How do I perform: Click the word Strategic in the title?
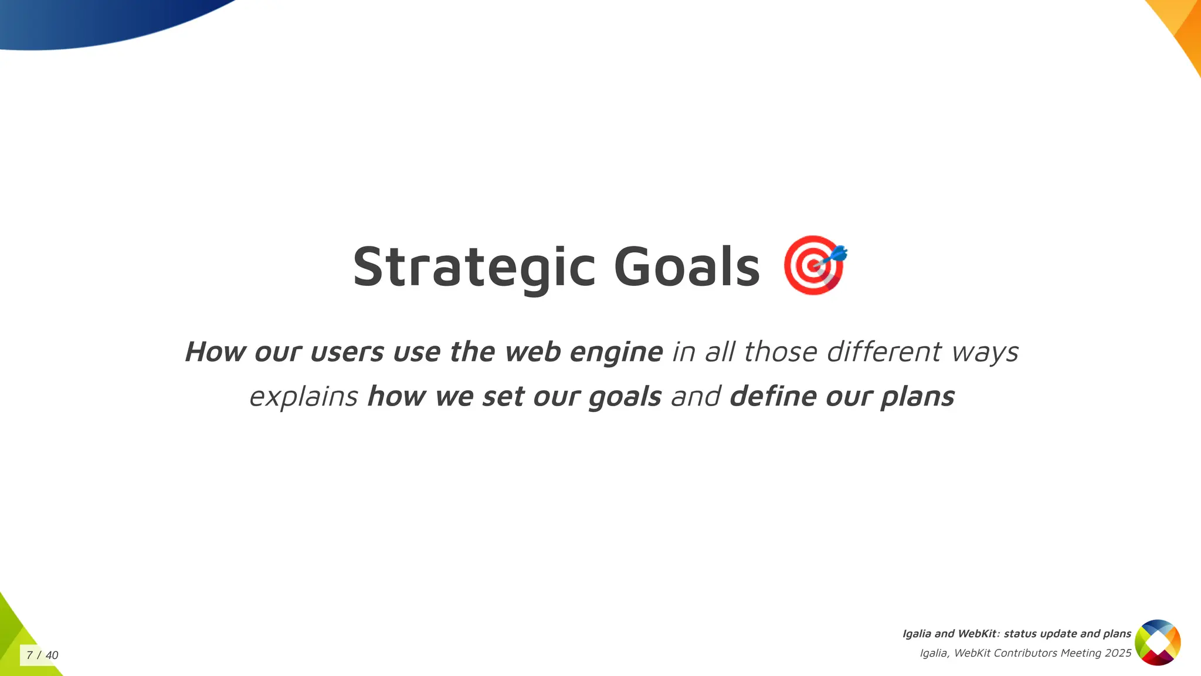[x=474, y=268]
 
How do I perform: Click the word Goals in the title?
[x=687, y=268]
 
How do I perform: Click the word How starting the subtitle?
[x=215, y=352]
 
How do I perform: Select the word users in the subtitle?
[x=347, y=352]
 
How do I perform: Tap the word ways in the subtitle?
[x=985, y=352]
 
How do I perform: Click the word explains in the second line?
[x=303, y=397]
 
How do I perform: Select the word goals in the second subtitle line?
[x=625, y=397]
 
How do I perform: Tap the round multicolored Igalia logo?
[x=1158, y=643]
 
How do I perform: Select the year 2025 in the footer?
[x=1118, y=653]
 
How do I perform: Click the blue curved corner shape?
[x=88, y=21]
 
